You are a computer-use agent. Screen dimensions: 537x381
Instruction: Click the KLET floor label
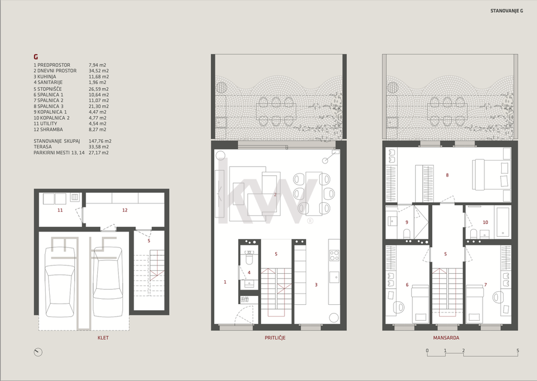(x=103, y=338)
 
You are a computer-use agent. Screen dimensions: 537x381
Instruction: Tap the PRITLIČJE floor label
(x=275, y=338)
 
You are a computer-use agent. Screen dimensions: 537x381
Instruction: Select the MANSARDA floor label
(x=446, y=338)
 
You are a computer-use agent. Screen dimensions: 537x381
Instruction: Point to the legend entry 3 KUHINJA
(x=45, y=76)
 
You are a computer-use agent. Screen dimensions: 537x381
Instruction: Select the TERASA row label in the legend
(x=43, y=147)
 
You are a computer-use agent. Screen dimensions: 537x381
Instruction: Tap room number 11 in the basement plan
(x=60, y=210)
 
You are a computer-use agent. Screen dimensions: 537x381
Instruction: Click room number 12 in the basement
(x=125, y=210)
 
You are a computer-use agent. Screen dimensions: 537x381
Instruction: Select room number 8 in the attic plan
(x=447, y=175)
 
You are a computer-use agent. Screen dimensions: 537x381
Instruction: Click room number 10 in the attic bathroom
(x=485, y=222)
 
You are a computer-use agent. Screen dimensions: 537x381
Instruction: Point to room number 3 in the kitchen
(x=316, y=285)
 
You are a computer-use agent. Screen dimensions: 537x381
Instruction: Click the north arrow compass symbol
(x=38, y=352)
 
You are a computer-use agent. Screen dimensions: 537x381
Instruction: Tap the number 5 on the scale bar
(x=518, y=351)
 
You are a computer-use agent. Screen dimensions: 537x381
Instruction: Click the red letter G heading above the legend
(x=36, y=57)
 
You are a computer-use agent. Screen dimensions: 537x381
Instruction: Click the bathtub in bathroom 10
(x=502, y=222)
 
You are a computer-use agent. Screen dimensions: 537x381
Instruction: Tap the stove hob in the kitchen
(x=334, y=255)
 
